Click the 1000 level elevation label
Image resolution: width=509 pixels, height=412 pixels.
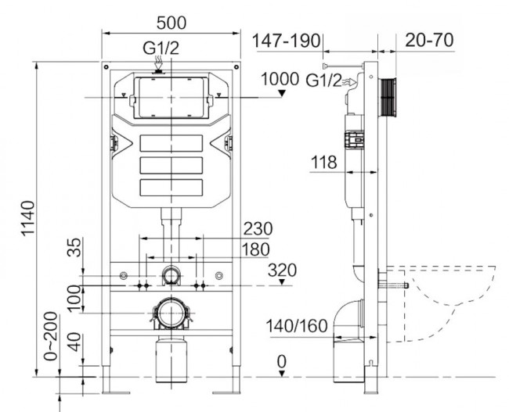[280, 78]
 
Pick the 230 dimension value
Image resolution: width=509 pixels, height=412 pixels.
[257, 229]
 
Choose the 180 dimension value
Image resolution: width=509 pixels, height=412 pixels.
[254, 249]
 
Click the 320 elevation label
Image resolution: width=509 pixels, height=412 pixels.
[281, 270]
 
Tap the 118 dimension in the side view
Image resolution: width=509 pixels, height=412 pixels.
[323, 163]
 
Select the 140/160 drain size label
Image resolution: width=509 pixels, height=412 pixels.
[297, 325]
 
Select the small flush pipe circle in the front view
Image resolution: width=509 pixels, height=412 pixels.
[171, 274]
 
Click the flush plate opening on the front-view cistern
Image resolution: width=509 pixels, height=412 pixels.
[170, 97]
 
